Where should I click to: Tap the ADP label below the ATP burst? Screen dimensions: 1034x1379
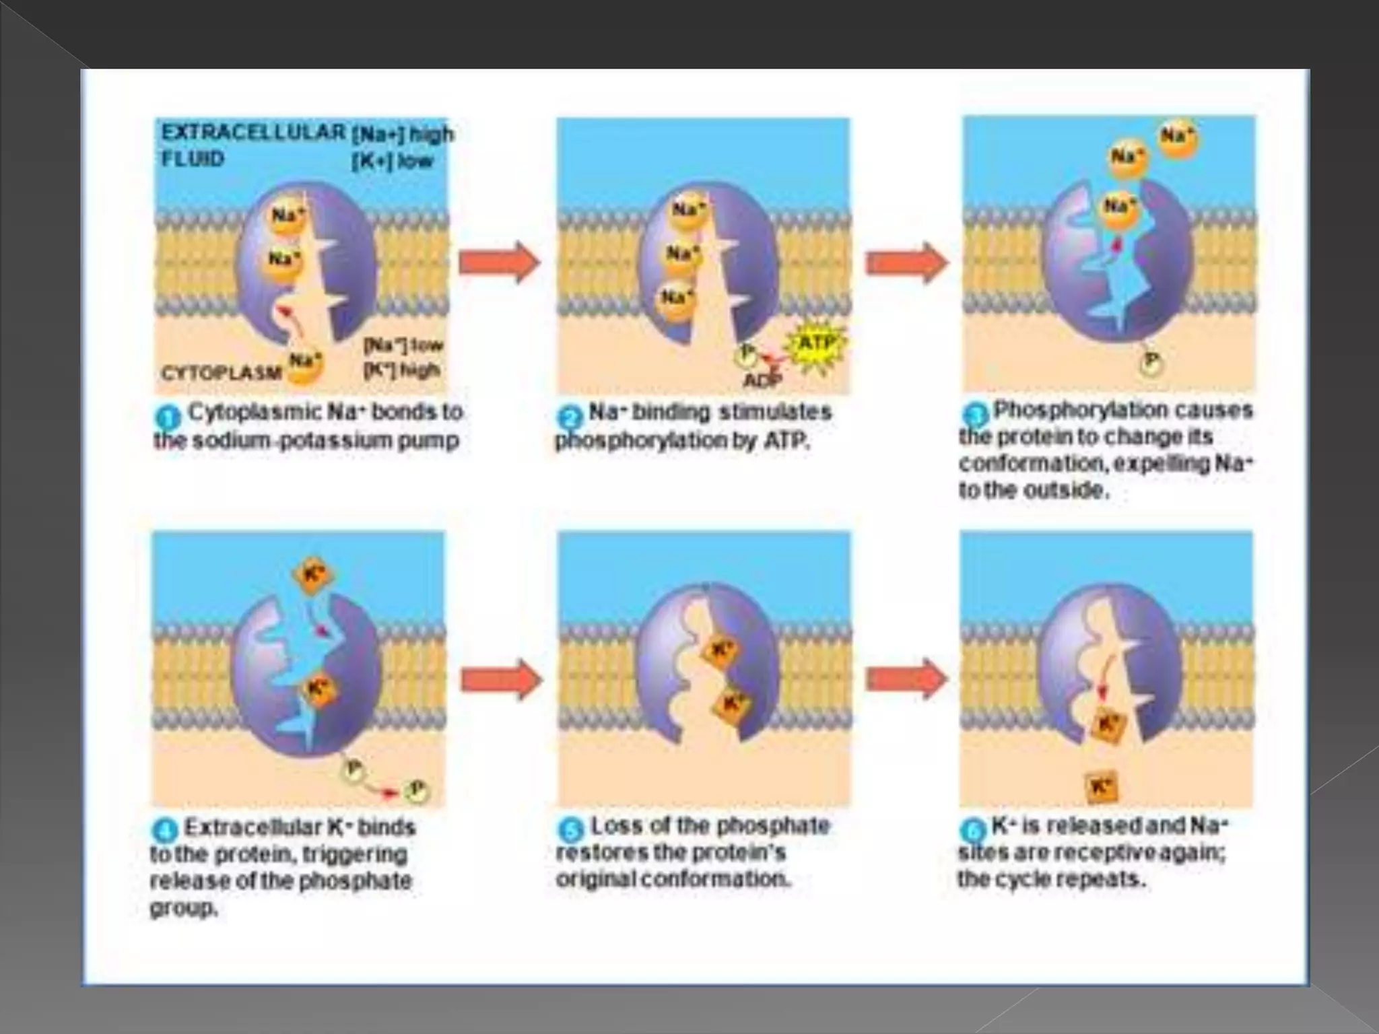762,381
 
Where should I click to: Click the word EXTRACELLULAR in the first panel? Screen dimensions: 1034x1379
253,133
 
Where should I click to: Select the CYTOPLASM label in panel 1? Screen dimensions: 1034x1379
222,372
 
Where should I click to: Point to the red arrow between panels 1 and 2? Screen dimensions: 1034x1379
499,263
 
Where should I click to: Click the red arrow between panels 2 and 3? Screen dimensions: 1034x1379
906,263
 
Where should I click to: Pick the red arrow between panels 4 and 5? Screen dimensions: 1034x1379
501,680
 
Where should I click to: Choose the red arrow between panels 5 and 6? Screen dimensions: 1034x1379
906,679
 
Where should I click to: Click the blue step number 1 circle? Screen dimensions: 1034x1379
168,418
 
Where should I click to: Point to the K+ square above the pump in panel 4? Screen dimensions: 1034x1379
311,576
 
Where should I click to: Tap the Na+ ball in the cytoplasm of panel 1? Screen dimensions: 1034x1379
305,364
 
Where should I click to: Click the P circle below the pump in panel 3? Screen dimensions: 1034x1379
1151,364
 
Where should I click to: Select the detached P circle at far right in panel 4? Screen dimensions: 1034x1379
415,790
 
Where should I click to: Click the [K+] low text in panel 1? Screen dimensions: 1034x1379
393,162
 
